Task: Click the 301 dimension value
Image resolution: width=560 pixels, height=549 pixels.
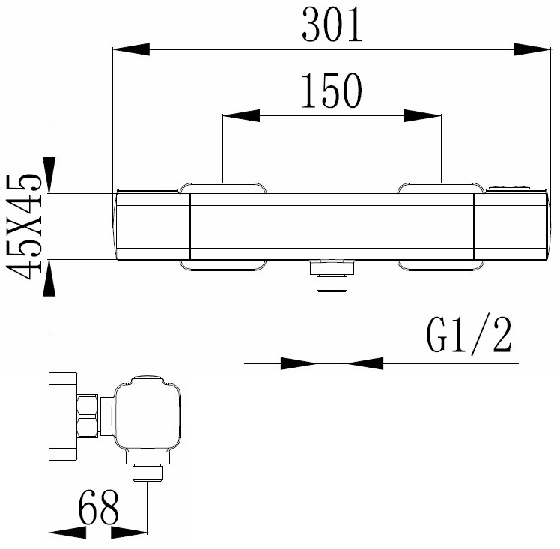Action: pyautogui.click(x=332, y=25)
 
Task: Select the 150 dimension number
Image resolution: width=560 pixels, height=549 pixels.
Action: pyautogui.click(x=332, y=91)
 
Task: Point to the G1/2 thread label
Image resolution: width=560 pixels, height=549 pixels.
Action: pyautogui.click(x=469, y=335)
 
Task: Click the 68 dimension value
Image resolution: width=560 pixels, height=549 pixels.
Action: pyautogui.click(x=98, y=506)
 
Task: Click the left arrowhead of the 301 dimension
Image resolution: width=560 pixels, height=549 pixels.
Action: pyautogui.click(x=131, y=49)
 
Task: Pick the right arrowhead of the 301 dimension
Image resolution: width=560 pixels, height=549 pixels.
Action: pyautogui.click(x=532, y=49)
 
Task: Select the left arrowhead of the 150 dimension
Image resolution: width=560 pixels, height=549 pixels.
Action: pyautogui.click(x=241, y=115)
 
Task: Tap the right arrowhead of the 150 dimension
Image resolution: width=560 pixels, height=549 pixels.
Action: pyautogui.click(x=423, y=115)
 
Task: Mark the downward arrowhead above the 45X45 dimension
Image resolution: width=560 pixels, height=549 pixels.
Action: pyautogui.click(x=49, y=175)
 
